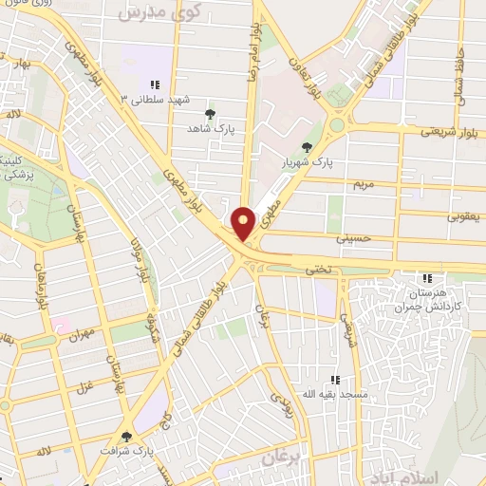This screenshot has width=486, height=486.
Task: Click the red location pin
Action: pyautogui.click(x=244, y=223)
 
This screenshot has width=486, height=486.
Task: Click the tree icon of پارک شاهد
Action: pyautogui.click(x=211, y=113)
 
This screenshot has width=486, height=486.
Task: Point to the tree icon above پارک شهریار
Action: pyautogui.click(x=306, y=146)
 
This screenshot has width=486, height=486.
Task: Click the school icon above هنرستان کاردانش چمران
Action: pyautogui.click(x=428, y=278)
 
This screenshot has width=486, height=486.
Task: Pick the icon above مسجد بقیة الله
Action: pyautogui.click(x=334, y=379)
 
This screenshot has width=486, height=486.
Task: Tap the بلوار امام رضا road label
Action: pyautogui.click(x=254, y=47)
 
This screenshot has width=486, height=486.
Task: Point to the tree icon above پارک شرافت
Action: pyautogui.click(x=126, y=437)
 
